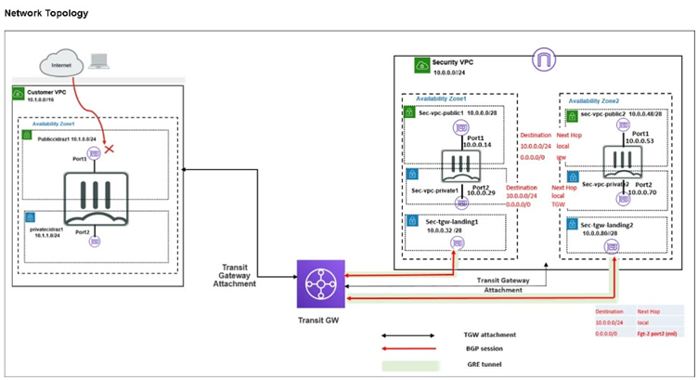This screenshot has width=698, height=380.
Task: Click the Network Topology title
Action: (46, 14)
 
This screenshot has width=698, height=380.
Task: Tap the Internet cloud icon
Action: (61, 63)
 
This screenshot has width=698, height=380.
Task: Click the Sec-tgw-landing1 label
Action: (451, 221)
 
